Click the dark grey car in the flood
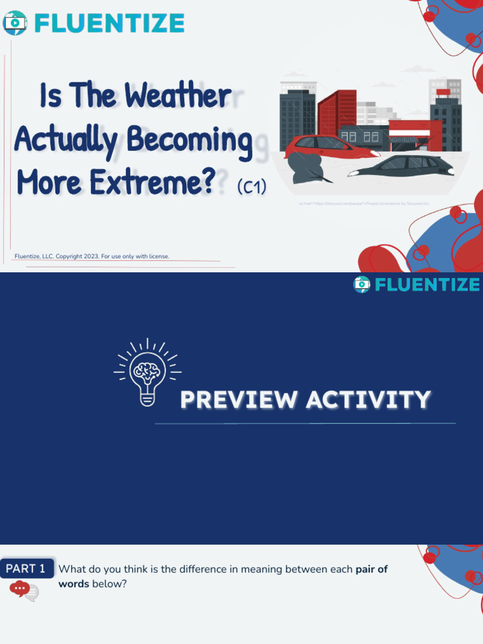pyautogui.click(x=402, y=167)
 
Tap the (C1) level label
pyautogui.click(x=252, y=187)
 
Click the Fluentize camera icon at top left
pyautogui.click(x=14, y=23)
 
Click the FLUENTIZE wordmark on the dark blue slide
pyautogui.click(x=427, y=285)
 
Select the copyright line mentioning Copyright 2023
pyautogui.click(x=92, y=256)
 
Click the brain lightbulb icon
pyautogui.click(x=147, y=372)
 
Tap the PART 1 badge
pyautogui.click(x=26, y=569)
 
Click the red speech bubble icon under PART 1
pyautogui.click(x=20, y=589)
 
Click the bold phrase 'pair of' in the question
pyautogui.click(x=372, y=569)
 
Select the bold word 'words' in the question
pyautogui.click(x=74, y=584)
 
